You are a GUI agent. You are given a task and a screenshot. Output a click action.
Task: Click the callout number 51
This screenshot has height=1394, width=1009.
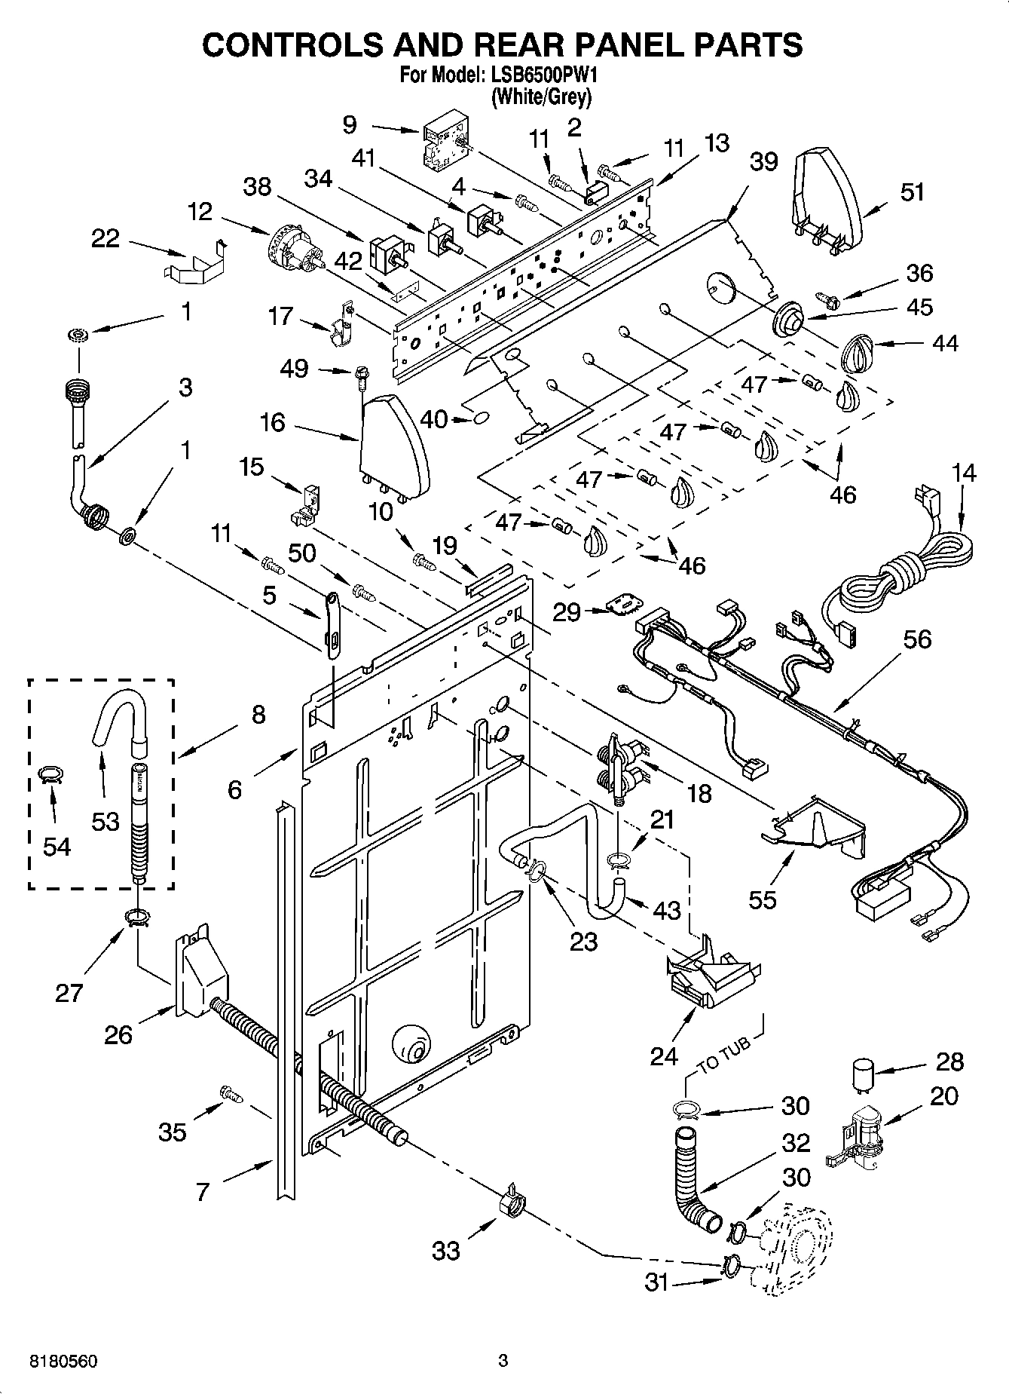click(912, 192)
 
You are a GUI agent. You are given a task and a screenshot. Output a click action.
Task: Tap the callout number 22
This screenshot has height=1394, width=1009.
click(105, 239)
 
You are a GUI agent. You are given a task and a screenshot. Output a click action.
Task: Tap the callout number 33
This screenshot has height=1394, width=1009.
click(445, 1251)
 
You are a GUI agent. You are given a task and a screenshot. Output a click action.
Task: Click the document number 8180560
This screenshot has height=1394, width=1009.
click(63, 1361)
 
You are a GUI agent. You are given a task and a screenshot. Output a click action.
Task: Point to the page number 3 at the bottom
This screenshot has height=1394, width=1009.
click(503, 1361)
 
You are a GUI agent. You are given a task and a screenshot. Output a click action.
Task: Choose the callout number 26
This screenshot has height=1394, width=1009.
click(118, 1034)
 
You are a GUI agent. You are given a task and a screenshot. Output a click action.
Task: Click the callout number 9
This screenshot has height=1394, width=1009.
click(350, 124)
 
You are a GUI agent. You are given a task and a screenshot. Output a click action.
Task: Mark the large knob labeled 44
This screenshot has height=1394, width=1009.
click(857, 351)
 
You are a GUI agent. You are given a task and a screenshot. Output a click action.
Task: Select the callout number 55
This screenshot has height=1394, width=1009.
click(762, 899)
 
